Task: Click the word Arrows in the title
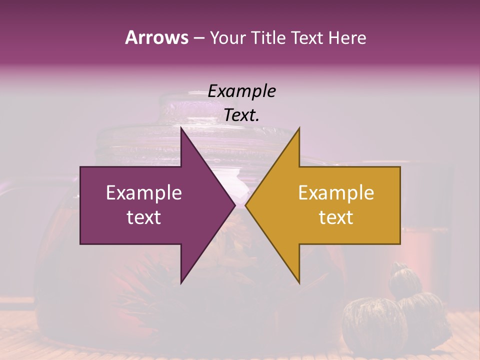(x=156, y=37)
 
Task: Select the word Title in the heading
(x=267, y=37)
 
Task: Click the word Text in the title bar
(x=308, y=37)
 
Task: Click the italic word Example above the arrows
(x=241, y=91)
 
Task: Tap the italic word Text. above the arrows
(x=241, y=115)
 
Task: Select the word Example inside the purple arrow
(x=144, y=192)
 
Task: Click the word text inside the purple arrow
(x=144, y=217)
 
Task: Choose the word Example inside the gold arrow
(x=336, y=192)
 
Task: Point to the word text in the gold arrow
(x=336, y=217)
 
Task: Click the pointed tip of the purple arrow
(x=235, y=205)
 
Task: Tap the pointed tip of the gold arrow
(x=245, y=205)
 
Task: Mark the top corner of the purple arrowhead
(x=181, y=127)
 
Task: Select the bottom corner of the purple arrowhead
(x=181, y=283)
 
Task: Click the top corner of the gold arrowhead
(x=299, y=127)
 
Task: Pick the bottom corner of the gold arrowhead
(x=299, y=283)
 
